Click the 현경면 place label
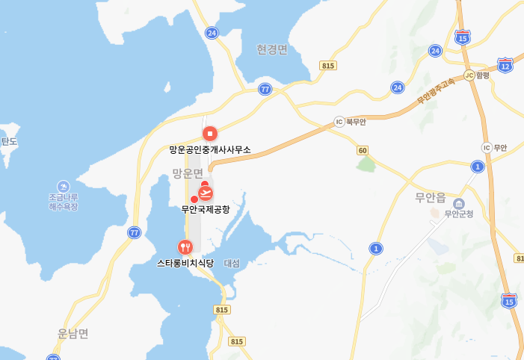click(x=272, y=49)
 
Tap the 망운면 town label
click(x=188, y=173)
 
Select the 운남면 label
click(x=73, y=333)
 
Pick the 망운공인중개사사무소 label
click(x=210, y=149)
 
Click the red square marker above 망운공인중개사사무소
click(x=210, y=134)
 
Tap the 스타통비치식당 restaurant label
click(x=185, y=263)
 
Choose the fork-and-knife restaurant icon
click(x=185, y=246)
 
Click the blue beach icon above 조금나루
click(x=63, y=185)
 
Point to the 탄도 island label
click(x=9, y=141)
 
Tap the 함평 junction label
click(x=482, y=75)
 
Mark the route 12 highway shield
click(x=505, y=66)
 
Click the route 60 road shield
click(x=363, y=150)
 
